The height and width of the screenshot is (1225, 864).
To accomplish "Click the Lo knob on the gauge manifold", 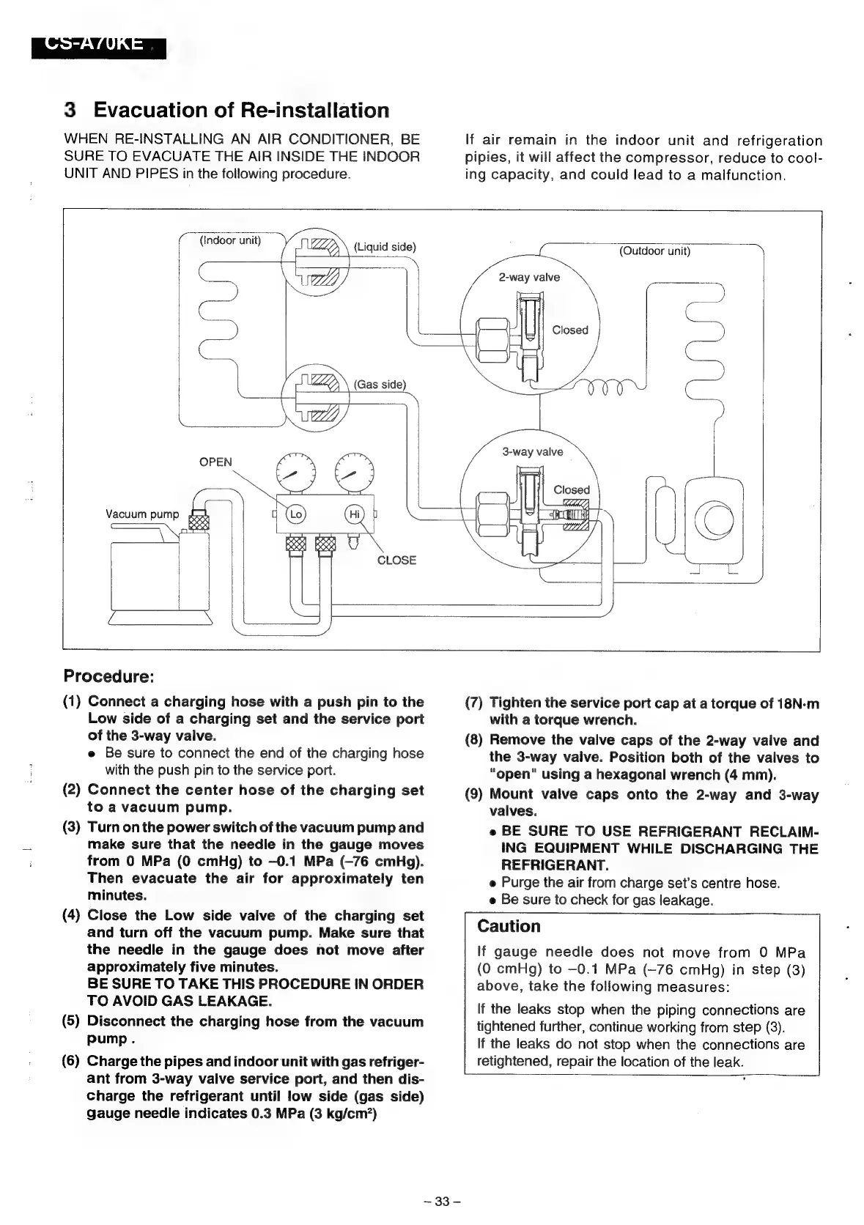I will pos(295,514).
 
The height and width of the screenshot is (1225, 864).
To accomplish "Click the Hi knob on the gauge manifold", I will pos(354,514).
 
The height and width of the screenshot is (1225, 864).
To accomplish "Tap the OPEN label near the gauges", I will pos(215,462).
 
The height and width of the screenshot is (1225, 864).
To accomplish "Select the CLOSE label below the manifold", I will pos(396,560).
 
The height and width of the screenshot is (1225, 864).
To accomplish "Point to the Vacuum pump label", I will pos(142,514).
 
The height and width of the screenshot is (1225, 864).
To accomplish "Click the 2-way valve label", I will pos(529,277).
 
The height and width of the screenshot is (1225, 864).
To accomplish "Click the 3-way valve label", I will pos(533,451).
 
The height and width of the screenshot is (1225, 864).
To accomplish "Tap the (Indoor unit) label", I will pos(230,240).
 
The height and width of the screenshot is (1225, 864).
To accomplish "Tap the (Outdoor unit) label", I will pos(654,251).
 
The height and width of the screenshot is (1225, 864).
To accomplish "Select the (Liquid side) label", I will pos(385,246).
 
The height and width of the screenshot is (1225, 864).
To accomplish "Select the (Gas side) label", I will pos(380,385).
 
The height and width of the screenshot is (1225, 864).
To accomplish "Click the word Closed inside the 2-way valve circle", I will pos(570,330).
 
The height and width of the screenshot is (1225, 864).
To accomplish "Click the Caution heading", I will pos(509,926).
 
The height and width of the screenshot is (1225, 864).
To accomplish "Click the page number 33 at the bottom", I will pos(441,1202).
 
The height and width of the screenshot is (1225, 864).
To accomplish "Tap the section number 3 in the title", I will pos(70,111).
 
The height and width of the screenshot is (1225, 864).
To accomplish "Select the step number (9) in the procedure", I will pos(475,794).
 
